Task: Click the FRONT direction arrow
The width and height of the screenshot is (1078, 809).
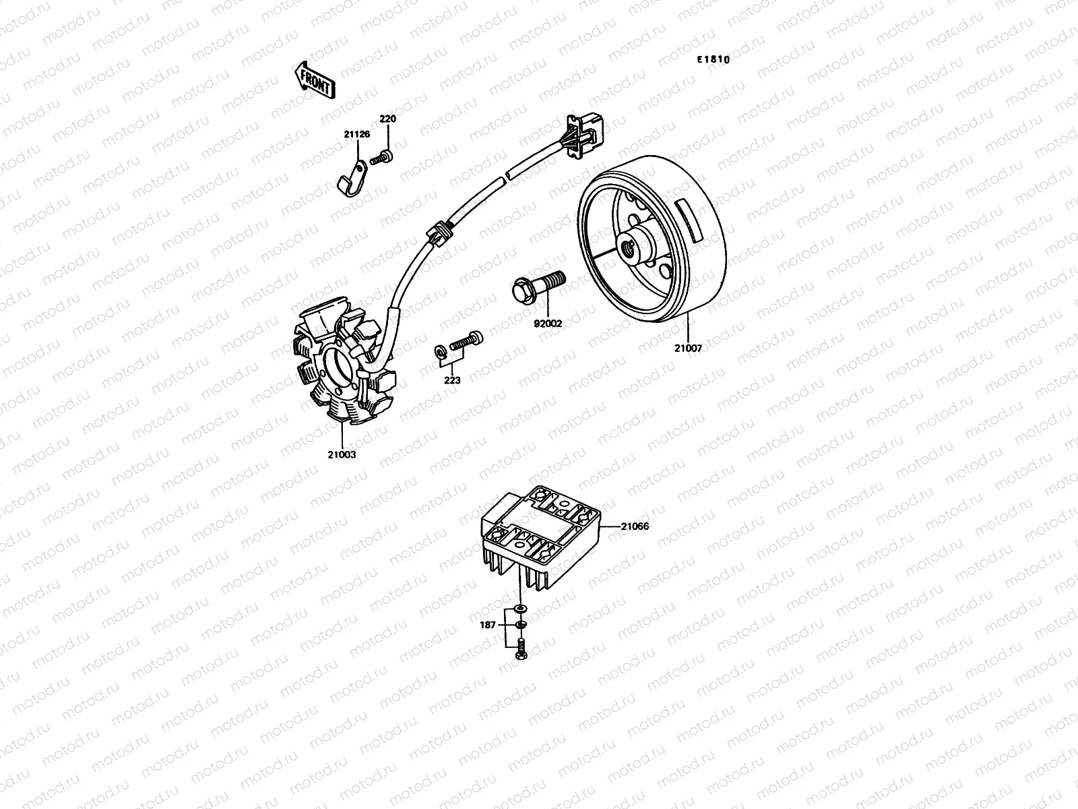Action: [314, 80]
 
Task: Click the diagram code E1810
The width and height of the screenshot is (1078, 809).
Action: [713, 59]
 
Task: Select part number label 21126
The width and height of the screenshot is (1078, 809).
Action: [356, 134]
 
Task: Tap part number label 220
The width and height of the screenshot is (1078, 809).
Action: [387, 119]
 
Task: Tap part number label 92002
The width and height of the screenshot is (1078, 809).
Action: [548, 324]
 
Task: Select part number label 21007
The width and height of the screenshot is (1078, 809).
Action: [688, 349]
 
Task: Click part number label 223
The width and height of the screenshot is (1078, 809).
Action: [452, 380]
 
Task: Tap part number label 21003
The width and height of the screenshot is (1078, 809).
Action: [342, 454]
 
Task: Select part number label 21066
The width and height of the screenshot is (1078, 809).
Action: [635, 526]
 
